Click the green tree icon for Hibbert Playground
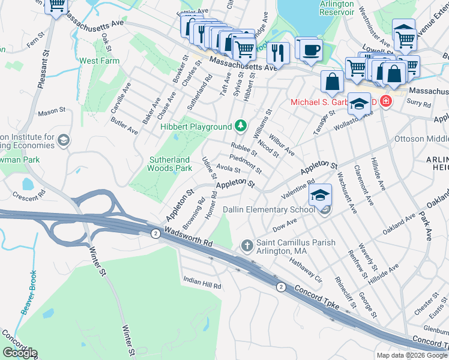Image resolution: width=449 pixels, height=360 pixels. tap(240, 126)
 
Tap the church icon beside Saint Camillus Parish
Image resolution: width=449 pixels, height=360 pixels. tap(247, 245)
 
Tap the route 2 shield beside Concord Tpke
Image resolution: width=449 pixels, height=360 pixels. tap(280, 287)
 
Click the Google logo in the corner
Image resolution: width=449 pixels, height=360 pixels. tap(20, 352)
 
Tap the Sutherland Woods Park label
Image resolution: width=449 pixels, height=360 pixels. tap(169, 164)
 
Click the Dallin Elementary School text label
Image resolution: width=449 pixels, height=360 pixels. tap(276, 209)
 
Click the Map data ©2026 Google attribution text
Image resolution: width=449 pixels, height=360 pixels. tap(411, 355)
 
